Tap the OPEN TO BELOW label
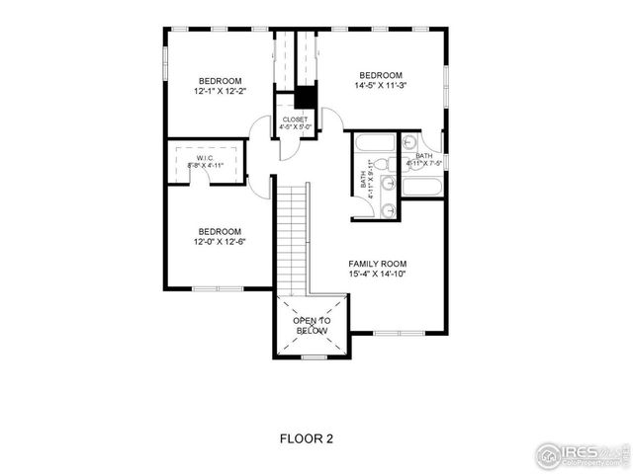point(312,326)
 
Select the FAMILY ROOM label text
point(377,264)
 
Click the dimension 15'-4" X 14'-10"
point(377,276)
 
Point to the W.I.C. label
point(205,158)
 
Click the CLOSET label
point(296,118)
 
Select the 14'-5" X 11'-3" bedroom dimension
point(380,87)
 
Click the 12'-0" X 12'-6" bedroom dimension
point(219,241)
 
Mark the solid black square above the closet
point(305,98)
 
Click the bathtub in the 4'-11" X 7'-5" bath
point(419,187)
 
